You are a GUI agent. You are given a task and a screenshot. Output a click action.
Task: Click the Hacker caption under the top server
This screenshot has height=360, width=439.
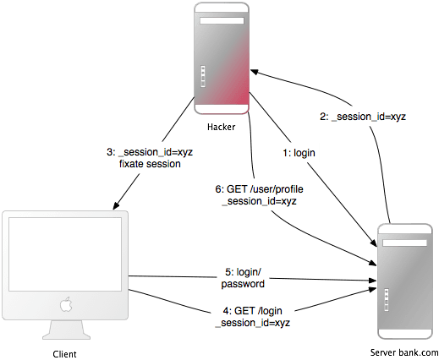221,127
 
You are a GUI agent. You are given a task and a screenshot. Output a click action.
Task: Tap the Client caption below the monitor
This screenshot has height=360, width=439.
64,354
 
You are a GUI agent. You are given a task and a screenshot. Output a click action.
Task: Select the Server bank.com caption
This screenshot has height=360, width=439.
404,352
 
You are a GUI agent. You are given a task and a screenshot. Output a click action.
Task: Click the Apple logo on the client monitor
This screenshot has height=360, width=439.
66,304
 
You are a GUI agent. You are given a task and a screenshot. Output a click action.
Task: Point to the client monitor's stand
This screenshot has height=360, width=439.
67,330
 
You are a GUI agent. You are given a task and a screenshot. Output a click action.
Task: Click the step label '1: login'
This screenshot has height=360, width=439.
299,153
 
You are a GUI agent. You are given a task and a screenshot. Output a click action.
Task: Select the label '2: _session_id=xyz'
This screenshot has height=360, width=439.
363,117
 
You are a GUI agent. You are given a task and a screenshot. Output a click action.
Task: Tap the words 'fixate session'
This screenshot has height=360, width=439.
150,164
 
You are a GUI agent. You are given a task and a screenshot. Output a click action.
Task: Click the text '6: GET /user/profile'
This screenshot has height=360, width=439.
259,189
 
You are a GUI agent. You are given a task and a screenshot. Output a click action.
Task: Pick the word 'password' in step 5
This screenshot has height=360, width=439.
243,284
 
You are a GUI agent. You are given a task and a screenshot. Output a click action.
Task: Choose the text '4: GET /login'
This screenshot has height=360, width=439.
252,311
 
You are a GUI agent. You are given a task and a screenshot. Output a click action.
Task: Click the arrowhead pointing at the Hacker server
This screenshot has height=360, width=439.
255,72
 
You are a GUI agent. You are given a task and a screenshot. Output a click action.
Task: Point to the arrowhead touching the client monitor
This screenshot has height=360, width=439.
117,205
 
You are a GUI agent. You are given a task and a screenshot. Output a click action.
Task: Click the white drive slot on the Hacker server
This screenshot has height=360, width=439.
222,21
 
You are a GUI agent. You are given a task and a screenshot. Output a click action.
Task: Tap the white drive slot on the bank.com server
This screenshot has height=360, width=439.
404,243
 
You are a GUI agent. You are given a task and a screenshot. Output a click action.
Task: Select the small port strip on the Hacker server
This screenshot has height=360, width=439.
203,77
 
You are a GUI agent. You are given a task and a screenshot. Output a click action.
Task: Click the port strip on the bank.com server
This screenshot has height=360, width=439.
387,300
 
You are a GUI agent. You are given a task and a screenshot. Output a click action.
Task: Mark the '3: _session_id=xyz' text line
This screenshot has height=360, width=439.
150,152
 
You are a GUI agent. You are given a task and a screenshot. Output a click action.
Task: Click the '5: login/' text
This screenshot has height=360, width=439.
243,272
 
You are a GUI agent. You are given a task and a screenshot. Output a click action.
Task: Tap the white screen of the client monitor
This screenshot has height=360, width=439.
65,254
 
